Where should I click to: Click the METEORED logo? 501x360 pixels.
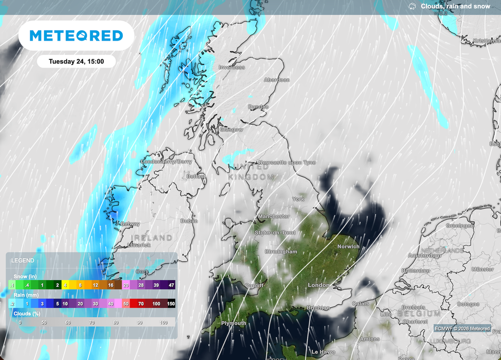(x=76, y=36)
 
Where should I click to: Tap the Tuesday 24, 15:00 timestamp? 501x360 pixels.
(x=76, y=62)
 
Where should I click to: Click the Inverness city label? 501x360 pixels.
(x=231, y=67)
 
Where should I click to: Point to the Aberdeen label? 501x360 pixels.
(x=276, y=80)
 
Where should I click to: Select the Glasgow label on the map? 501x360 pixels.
(x=231, y=130)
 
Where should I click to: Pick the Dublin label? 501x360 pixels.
(x=189, y=221)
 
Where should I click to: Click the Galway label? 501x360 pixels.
(x=129, y=224)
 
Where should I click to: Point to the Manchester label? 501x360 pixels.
(x=273, y=216)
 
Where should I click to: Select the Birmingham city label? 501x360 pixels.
(x=280, y=252)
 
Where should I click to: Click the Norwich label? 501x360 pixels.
(x=348, y=247)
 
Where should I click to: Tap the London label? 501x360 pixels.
(x=319, y=285)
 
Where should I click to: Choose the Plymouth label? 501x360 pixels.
(x=233, y=323)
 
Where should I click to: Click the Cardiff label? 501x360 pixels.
(x=254, y=286)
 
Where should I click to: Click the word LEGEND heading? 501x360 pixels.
(x=23, y=261)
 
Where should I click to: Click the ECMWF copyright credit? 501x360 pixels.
(x=462, y=329)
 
